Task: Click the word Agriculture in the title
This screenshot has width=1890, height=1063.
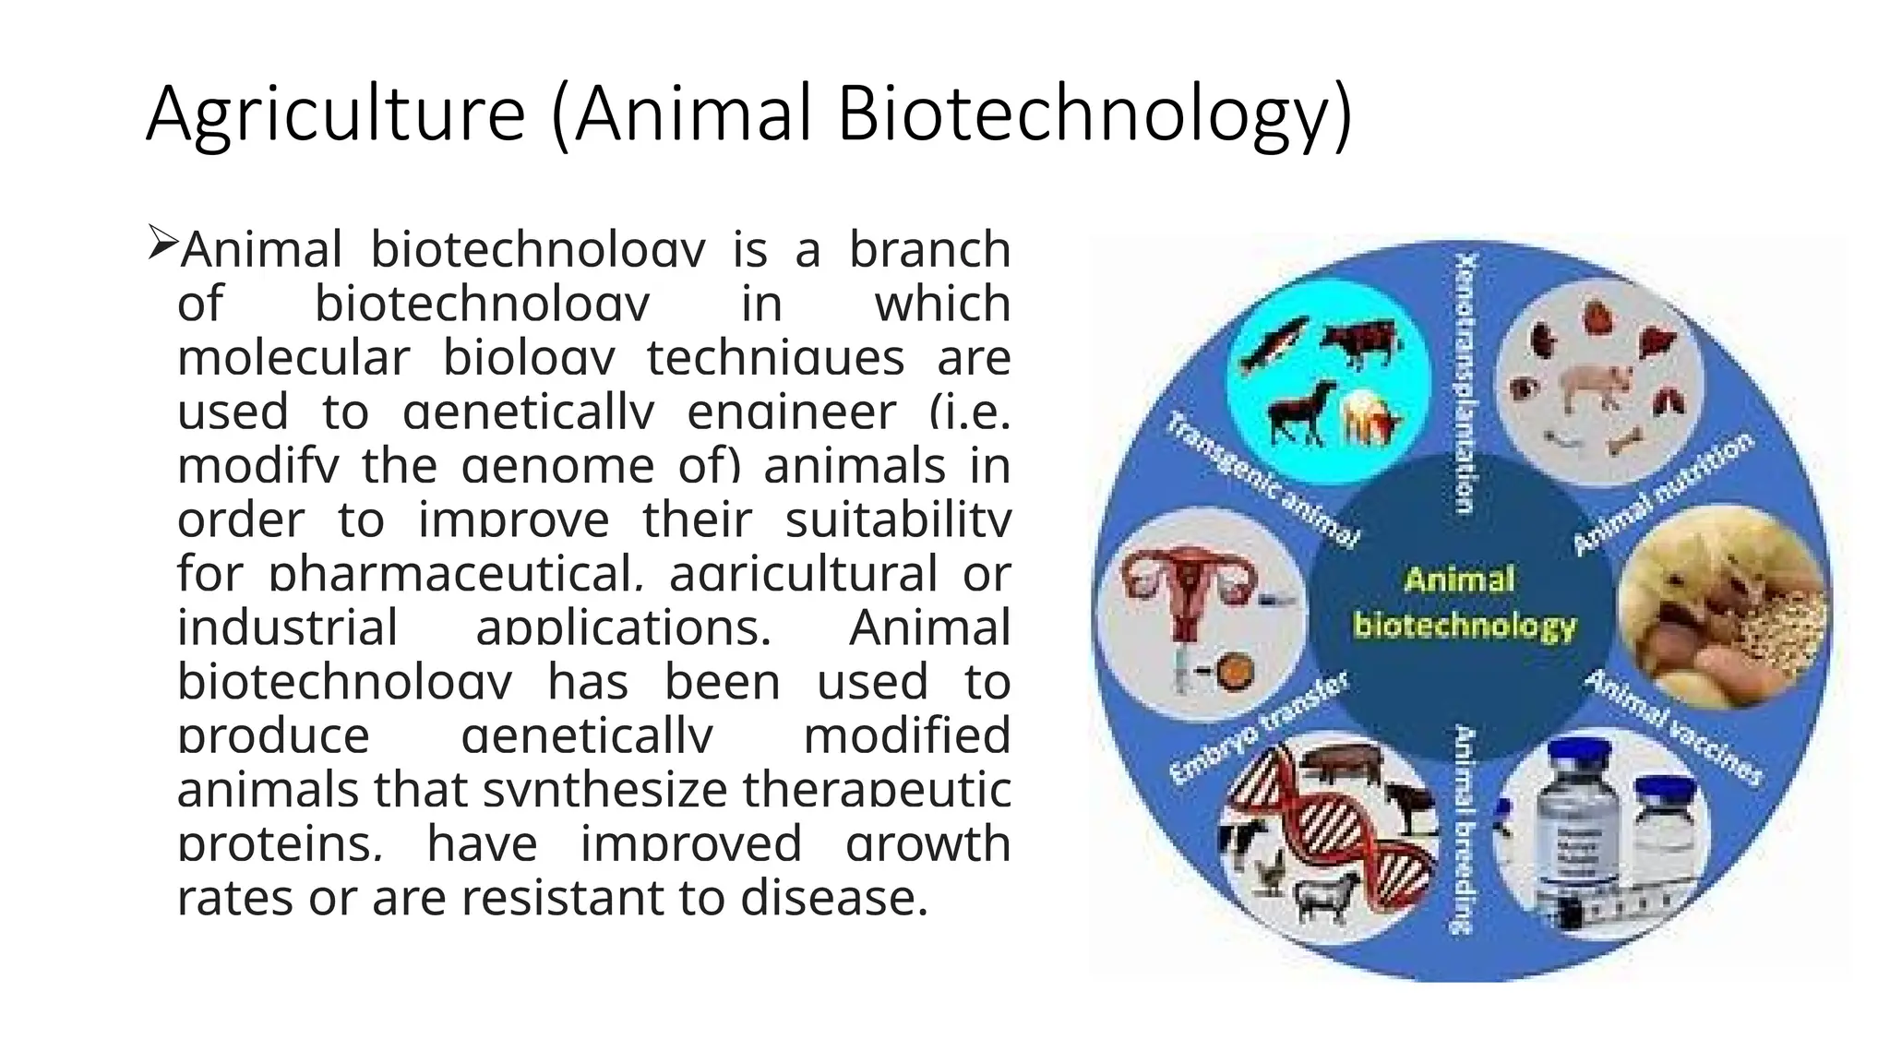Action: coord(335,113)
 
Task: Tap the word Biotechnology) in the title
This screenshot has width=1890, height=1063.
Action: coord(1095,113)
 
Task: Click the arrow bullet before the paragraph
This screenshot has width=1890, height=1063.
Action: coord(161,244)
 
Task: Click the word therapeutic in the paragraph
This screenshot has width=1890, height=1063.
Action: coord(876,790)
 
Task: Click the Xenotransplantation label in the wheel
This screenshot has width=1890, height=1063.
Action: coord(1465,382)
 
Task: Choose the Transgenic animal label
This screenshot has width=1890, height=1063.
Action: coord(1262,481)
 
